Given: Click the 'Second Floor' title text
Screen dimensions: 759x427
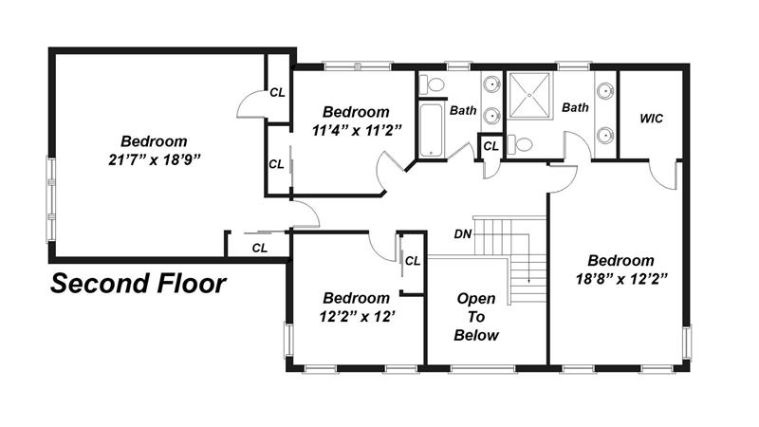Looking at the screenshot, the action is pos(138,284).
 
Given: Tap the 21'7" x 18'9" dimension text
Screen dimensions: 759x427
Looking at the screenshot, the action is pos(155,159).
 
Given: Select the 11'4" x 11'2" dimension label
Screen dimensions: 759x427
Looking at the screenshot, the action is pos(358,130).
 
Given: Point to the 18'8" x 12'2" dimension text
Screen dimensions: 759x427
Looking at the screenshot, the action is pos(621,279).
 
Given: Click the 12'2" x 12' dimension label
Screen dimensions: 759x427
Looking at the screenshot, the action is pos(358,317).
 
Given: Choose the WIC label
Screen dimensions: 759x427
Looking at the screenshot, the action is pos(651,119).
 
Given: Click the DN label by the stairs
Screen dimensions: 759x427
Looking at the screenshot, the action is pos(463,234).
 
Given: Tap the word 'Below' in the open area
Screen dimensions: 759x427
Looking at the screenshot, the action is pos(476,335).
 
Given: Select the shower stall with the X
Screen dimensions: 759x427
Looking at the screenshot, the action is pos(530,96).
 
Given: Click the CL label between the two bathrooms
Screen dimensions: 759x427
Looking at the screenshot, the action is pos(491,146).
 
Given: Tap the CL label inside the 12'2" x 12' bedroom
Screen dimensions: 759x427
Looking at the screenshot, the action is pos(413,261).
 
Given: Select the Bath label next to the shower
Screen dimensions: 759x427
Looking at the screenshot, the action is pos(575,107).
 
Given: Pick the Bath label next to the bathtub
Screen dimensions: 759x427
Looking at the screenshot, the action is pos(463,110).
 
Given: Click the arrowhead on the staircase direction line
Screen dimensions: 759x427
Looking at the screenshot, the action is pos(529,280).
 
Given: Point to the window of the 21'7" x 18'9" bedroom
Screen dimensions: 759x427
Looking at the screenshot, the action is pos(50,198).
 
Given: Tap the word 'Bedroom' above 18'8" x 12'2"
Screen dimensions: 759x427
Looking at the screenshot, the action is pos(621,260).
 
